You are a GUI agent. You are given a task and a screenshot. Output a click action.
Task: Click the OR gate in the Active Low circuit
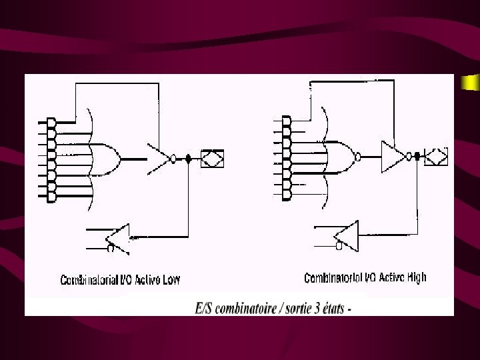(105, 159)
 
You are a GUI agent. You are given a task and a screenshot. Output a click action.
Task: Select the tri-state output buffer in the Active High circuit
(394, 157)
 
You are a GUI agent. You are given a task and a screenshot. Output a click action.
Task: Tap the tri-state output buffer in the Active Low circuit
(159, 158)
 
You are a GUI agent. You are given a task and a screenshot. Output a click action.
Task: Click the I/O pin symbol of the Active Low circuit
(213, 159)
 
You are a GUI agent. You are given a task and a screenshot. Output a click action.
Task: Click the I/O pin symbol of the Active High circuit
(437, 157)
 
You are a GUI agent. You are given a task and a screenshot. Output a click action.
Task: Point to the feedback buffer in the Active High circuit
(346, 234)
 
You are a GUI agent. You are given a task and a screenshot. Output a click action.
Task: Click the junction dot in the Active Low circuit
(189, 159)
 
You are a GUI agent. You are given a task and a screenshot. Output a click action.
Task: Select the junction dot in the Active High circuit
(417, 157)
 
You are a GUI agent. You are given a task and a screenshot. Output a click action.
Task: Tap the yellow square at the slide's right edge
(471, 83)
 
